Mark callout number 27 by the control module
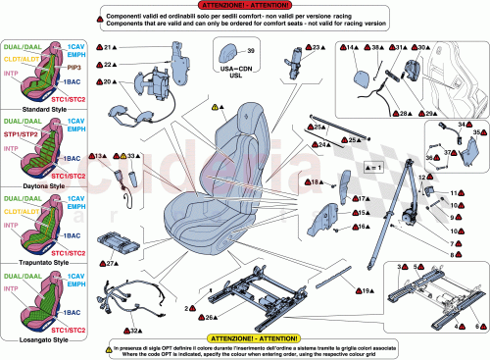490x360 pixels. point(113,262)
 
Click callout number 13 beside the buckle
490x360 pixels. point(101,156)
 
